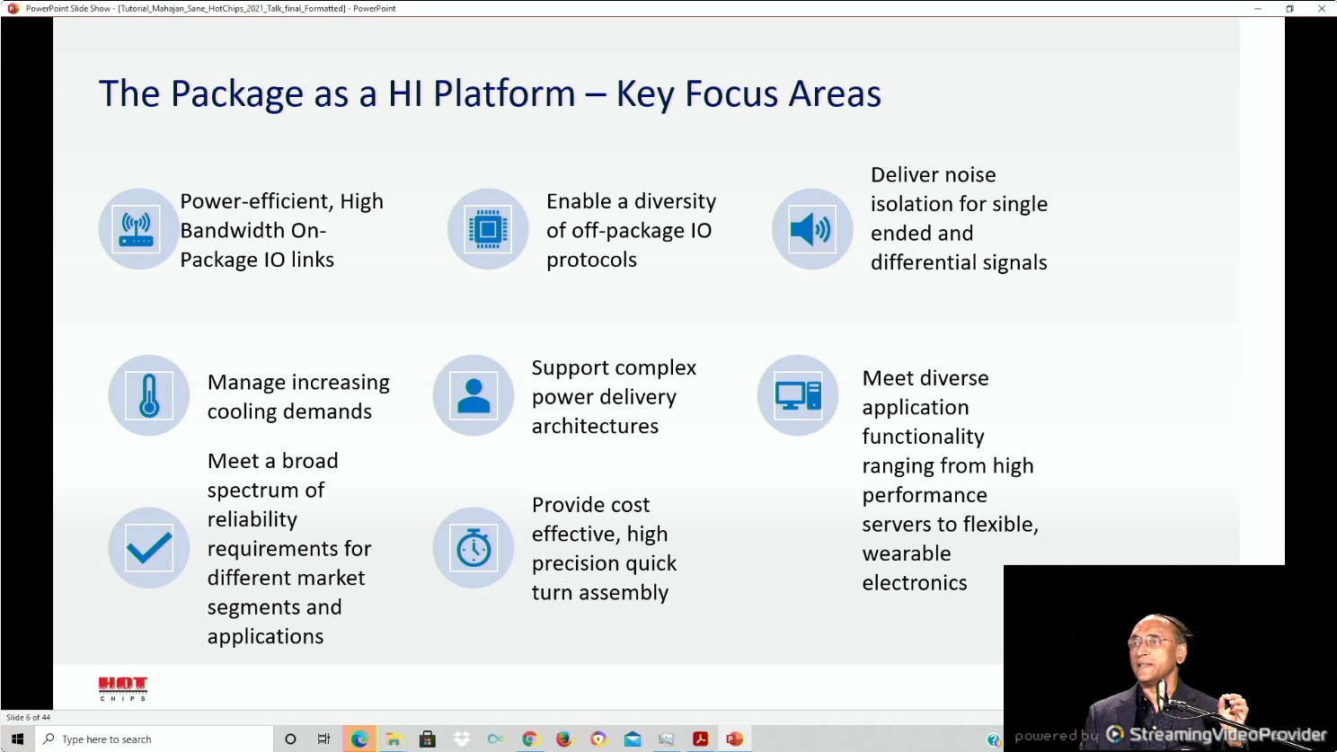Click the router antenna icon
click(137, 229)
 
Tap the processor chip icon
click(488, 229)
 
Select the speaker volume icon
click(810, 229)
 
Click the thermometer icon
click(148, 395)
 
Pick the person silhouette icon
click(474, 395)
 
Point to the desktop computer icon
click(798, 395)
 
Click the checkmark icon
click(149, 548)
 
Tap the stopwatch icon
click(474, 547)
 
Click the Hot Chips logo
click(123, 689)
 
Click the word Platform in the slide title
click(504, 93)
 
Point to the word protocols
click(591, 261)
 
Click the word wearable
click(906, 553)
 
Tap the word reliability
click(252, 520)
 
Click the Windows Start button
click(17, 739)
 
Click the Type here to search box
click(154, 739)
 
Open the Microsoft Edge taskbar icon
click(359, 739)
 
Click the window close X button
click(1321, 8)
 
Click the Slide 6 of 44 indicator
click(28, 717)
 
